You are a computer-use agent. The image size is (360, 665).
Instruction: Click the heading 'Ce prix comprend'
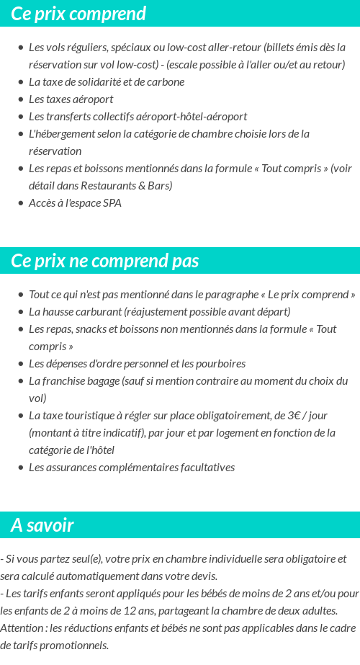(x=78, y=14)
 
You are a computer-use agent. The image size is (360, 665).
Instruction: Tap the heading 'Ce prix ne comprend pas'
(x=105, y=261)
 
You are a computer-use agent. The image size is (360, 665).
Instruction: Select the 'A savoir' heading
(x=42, y=525)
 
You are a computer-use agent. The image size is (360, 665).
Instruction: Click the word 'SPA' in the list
(x=112, y=203)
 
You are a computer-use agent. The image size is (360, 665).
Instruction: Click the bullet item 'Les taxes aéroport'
(x=71, y=99)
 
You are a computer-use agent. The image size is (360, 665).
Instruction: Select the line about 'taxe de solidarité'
(x=107, y=82)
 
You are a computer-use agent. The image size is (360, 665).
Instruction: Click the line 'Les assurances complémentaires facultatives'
(x=132, y=468)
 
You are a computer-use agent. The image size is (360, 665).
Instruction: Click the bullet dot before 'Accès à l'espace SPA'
(x=21, y=203)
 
